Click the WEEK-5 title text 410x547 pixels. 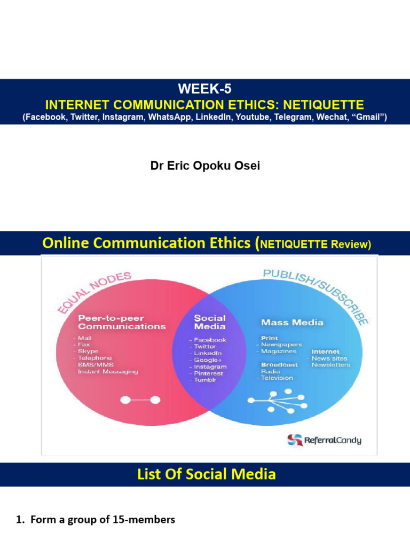click(205, 89)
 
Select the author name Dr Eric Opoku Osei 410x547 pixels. click(205, 166)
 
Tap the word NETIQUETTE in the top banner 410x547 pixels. click(319, 104)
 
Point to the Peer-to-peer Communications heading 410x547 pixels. click(122, 322)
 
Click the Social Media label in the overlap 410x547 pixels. click(209, 322)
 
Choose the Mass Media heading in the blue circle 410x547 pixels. click(292, 323)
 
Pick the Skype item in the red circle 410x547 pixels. click(88, 351)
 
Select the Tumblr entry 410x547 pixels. click(206, 380)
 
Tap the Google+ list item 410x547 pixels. click(208, 360)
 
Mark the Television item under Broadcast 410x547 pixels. click(277, 378)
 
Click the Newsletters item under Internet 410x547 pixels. click(331, 365)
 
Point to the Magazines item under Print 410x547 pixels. click(278, 351)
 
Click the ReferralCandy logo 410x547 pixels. click(325, 440)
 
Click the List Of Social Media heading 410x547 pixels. click(205, 474)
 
